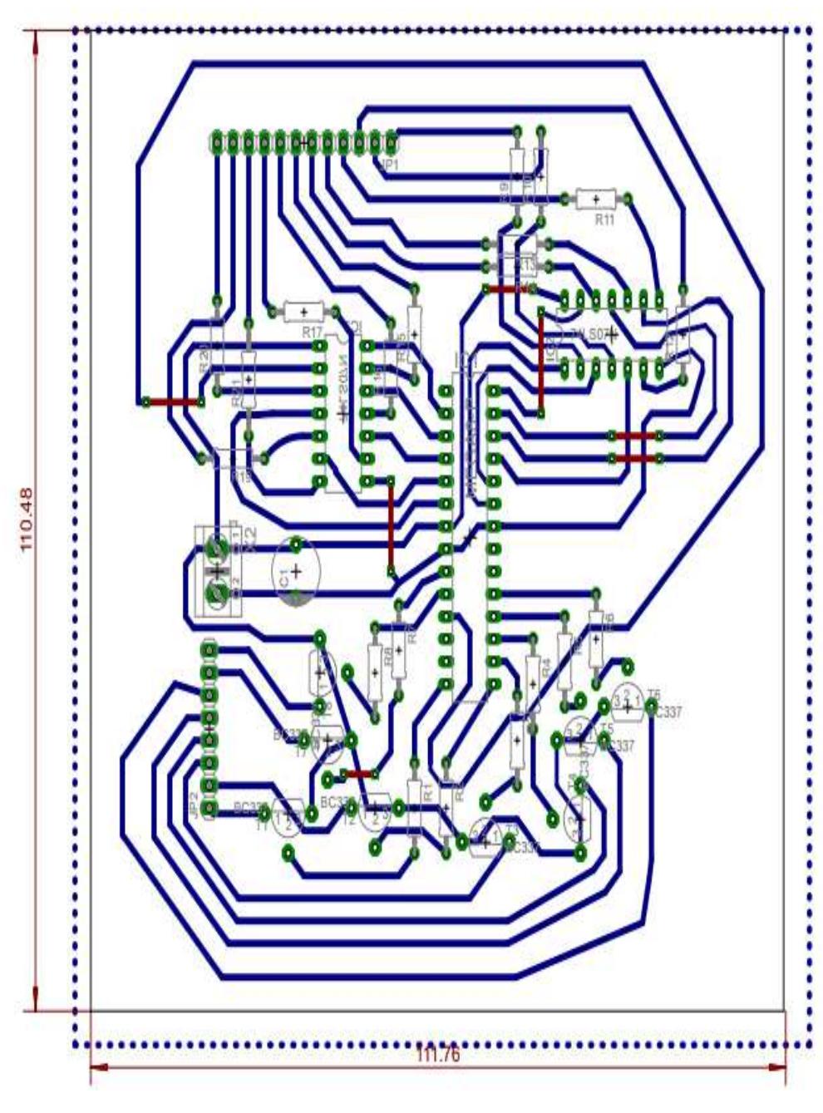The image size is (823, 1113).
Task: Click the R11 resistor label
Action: tap(604, 219)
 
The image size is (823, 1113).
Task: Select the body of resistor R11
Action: tap(596, 199)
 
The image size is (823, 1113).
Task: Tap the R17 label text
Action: tap(312, 331)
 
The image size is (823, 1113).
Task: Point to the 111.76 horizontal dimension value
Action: tap(437, 1055)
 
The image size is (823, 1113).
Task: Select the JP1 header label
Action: tap(388, 165)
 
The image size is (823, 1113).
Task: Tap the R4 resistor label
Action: tap(546, 666)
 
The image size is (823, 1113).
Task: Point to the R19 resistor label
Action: tap(241, 477)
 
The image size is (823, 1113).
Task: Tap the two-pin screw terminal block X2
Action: tap(218, 572)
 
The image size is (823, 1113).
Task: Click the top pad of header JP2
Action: tap(209, 648)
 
